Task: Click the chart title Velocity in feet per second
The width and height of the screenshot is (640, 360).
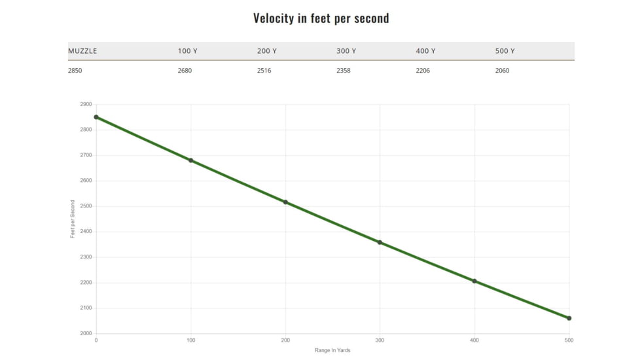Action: pyautogui.click(x=321, y=18)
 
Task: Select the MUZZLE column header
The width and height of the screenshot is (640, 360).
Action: pyautogui.click(x=82, y=51)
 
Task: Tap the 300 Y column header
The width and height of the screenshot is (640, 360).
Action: pyautogui.click(x=346, y=51)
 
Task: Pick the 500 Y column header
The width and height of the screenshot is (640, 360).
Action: pyautogui.click(x=505, y=51)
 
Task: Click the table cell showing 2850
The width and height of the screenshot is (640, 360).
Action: pyautogui.click(x=75, y=71)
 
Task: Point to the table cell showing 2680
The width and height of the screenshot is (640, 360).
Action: pyautogui.click(x=185, y=71)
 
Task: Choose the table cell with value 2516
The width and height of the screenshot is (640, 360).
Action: pyautogui.click(x=264, y=71)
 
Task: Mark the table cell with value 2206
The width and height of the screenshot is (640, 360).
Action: pyautogui.click(x=423, y=71)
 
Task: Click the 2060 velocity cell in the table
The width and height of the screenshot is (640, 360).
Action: pyautogui.click(x=502, y=71)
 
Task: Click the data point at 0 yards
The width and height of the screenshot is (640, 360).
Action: pyautogui.click(x=96, y=117)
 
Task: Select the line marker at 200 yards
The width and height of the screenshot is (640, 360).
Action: pyautogui.click(x=285, y=202)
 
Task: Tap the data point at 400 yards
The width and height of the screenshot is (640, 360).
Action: pyautogui.click(x=474, y=281)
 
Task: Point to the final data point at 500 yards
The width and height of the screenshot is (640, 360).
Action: pyautogui.click(x=569, y=318)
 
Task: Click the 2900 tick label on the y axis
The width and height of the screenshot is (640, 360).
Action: pyautogui.click(x=86, y=105)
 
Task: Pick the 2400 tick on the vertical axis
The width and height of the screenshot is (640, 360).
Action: pyautogui.click(x=86, y=232)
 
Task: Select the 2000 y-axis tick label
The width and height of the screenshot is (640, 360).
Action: pyautogui.click(x=86, y=334)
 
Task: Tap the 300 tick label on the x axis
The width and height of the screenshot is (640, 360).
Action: pyautogui.click(x=380, y=340)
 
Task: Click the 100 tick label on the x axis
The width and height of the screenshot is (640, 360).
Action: pyautogui.click(x=191, y=340)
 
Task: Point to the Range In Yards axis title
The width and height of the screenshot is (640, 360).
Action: pyautogui.click(x=332, y=351)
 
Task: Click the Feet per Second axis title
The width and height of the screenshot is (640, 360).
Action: pyautogui.click(x=73, y=219)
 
